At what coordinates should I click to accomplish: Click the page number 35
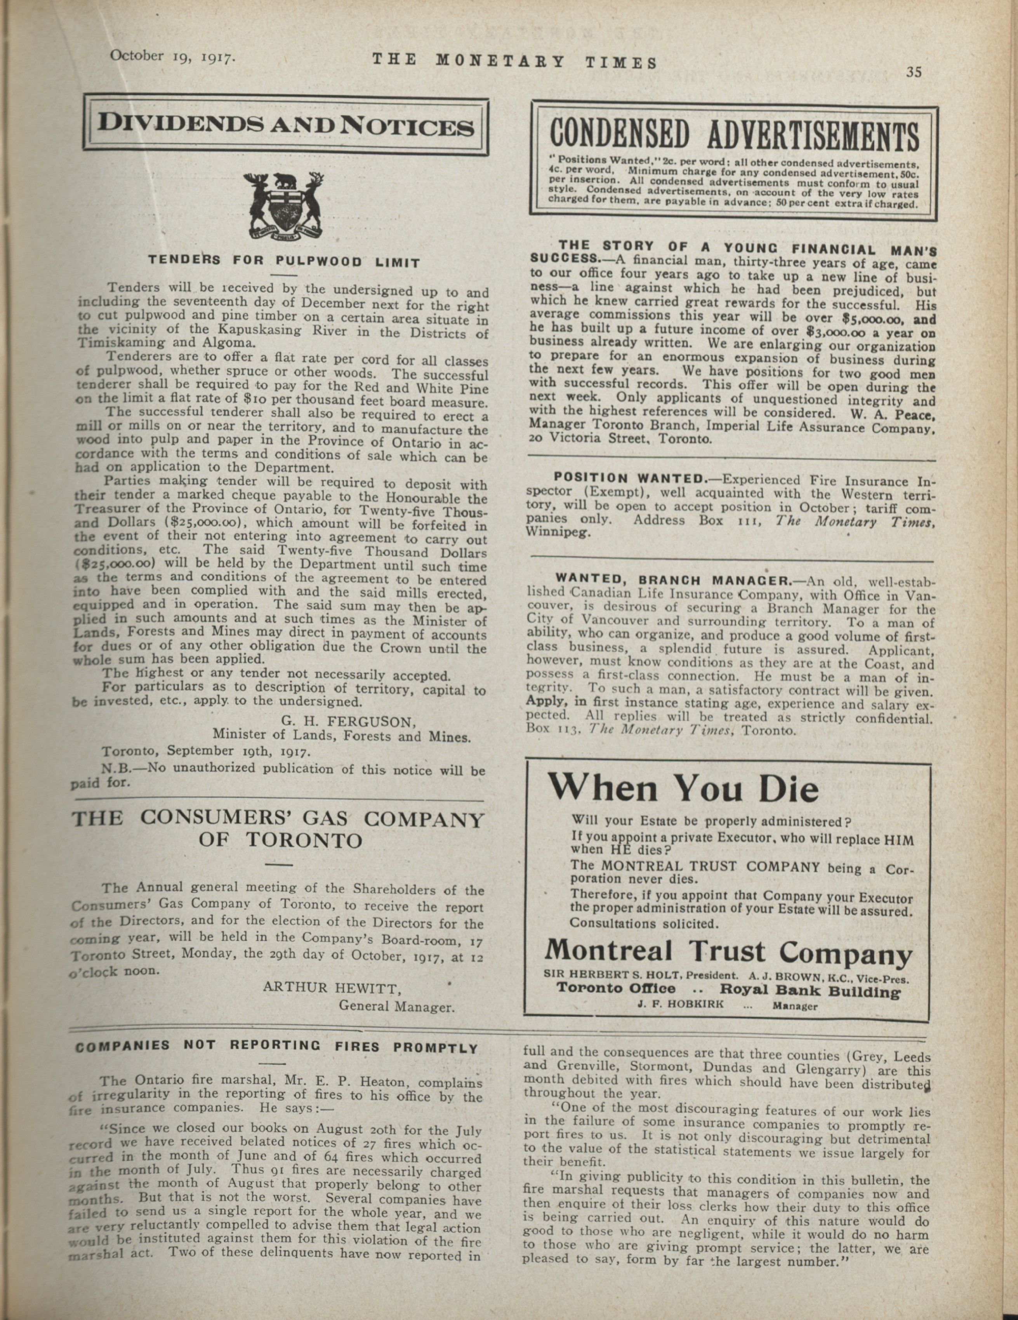pyautogui.click(x=913, y=73)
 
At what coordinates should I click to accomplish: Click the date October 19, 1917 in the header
pyautogui.click(x=172, y=57)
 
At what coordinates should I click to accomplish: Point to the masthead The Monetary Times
pyautogui.click(x=514, y=61)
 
